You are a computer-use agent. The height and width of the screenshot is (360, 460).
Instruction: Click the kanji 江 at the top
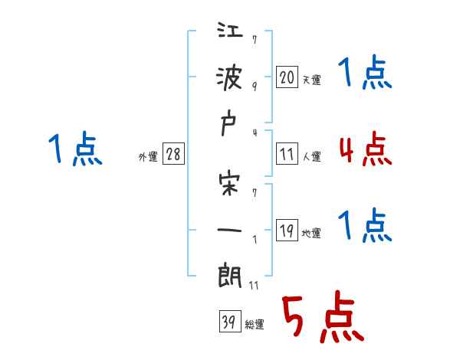[230, 34]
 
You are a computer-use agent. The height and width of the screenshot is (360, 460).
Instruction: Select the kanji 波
[230, 79]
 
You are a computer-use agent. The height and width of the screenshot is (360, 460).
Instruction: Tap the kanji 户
[230, 127]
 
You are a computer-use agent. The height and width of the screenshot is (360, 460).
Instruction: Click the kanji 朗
[230, 277]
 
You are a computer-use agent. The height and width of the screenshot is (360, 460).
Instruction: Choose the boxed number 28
[173, 155]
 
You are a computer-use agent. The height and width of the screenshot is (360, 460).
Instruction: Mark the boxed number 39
[228, 322]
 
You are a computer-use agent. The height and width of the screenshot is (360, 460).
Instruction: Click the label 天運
[312, 80]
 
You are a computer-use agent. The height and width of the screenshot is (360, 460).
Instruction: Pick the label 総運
[255, 325]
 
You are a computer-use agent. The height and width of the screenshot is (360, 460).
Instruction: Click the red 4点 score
[366, 149]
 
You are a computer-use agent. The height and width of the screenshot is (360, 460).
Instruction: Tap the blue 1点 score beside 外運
[75, 149]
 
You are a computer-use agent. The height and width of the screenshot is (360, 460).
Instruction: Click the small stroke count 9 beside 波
[254, 86]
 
